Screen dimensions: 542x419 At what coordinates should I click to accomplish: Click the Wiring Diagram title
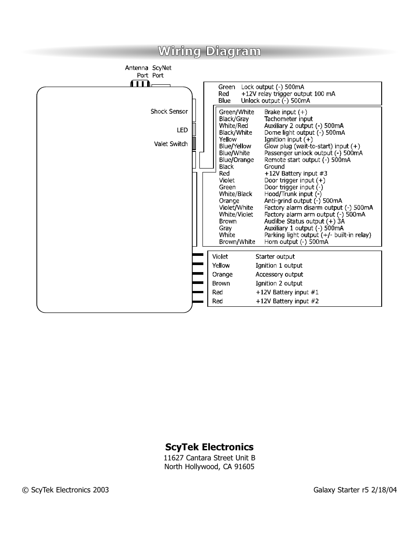pos(209,52)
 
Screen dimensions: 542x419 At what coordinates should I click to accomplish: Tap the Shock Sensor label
pos(169,111)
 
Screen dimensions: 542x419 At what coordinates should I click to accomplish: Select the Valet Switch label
pos(170,144)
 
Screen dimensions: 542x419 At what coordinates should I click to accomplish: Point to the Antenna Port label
pos(137,72)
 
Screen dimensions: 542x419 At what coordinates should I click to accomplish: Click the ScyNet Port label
pos(161,72)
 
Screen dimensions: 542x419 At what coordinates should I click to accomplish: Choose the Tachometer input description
pos(288,119)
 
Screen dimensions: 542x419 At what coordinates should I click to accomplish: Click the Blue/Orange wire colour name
pos(236,160)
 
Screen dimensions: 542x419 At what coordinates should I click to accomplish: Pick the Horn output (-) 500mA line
pos(296,242)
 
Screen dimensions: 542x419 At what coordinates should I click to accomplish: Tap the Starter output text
pos(275,257)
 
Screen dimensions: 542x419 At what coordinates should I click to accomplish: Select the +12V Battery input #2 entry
pos(287,301)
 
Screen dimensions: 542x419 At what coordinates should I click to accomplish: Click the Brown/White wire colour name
pos(237,242)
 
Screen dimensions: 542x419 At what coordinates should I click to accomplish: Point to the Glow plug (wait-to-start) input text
pos(312,146)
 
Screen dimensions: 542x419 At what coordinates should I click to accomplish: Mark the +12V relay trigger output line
pos(288,94)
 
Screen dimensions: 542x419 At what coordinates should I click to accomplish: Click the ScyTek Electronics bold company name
pos(209,447)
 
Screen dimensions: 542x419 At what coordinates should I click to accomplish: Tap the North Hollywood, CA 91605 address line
pos(209,467)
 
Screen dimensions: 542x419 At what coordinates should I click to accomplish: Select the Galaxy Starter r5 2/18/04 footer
pos(355,490)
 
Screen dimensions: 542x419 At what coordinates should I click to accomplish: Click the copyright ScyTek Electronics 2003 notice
pos(65,490)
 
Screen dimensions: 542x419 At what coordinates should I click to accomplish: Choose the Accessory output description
pos(279,275)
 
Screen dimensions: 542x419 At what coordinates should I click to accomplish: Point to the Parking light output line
pos(317,235)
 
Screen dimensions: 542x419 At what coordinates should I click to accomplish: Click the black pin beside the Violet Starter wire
pos(198,255)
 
